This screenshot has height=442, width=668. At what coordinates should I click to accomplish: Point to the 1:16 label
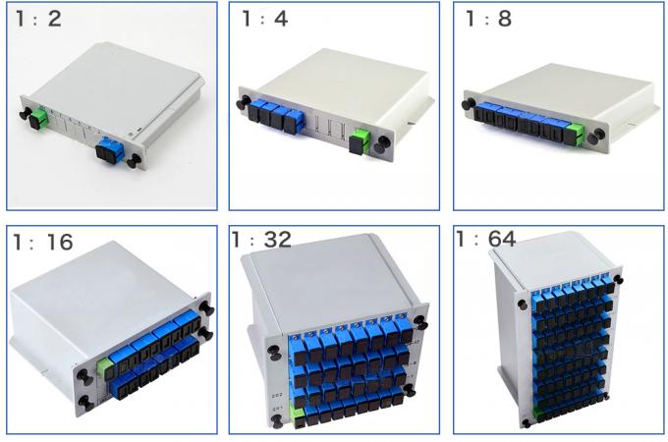41,242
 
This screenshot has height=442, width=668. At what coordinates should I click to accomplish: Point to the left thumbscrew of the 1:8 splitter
469,98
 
